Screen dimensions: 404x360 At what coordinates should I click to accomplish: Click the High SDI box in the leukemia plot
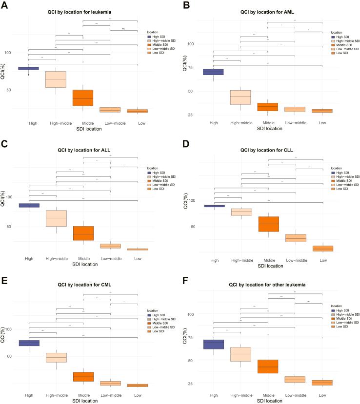tap(28, 68)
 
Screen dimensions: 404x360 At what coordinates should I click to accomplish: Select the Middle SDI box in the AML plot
tap(267, 107)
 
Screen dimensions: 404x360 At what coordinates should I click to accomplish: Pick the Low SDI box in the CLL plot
tap(323, 249)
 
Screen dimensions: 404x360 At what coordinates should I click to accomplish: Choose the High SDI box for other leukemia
tap(213, 344)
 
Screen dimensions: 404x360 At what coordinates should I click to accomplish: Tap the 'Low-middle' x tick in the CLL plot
tap(295, 261)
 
